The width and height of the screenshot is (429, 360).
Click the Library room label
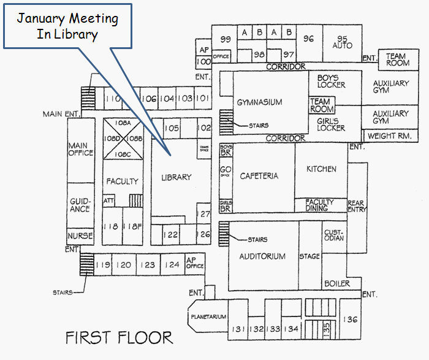(176, 177)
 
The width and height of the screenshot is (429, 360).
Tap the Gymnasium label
(259, 102)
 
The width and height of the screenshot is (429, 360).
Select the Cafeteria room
(259, 176)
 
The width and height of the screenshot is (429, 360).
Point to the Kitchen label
(321, 169)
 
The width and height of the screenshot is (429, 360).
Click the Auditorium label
(262, 256)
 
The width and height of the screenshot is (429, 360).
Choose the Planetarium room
(208, 316)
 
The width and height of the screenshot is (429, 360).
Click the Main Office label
(82, 149)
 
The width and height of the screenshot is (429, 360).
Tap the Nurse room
(80, 236)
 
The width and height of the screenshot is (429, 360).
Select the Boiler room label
(336, 283)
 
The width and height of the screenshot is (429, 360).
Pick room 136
(351, 319)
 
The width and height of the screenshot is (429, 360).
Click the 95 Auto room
(342, 42)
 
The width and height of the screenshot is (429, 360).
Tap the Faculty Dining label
(320, 205)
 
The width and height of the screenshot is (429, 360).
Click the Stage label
(309, 256)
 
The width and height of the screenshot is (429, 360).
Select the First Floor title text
(119, 337)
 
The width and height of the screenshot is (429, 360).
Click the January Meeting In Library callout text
(67, 26)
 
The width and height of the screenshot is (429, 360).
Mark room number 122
(170, 234)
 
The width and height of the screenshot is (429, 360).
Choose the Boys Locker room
(331, 81)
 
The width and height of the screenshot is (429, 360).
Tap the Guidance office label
(80, 205)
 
